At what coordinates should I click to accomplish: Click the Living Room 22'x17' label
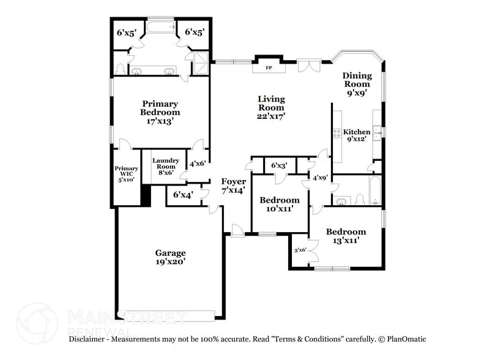click(270, 107)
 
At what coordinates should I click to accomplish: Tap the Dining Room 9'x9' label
click(356, 84)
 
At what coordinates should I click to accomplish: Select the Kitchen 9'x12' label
click(356, 135)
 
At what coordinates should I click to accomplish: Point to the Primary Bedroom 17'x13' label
click(160, 112)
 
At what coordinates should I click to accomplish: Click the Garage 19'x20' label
click(170, 257)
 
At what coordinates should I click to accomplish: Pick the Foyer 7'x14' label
click(233, 186)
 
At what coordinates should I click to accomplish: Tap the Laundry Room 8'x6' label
click(165, 165)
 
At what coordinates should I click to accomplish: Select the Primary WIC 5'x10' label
click(126, 174)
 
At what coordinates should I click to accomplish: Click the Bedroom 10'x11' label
click(280, 204)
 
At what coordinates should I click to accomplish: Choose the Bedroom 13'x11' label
click(346, 236)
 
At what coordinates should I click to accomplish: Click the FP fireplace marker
click(268, 67)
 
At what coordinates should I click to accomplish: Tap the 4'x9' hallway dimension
click(320, 178)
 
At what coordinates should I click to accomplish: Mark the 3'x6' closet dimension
click(300, 250)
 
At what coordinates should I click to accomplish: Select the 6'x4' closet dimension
click(182, 195)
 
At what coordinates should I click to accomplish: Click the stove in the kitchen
click(337, 133)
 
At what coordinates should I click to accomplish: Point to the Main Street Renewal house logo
click(38, 321)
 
